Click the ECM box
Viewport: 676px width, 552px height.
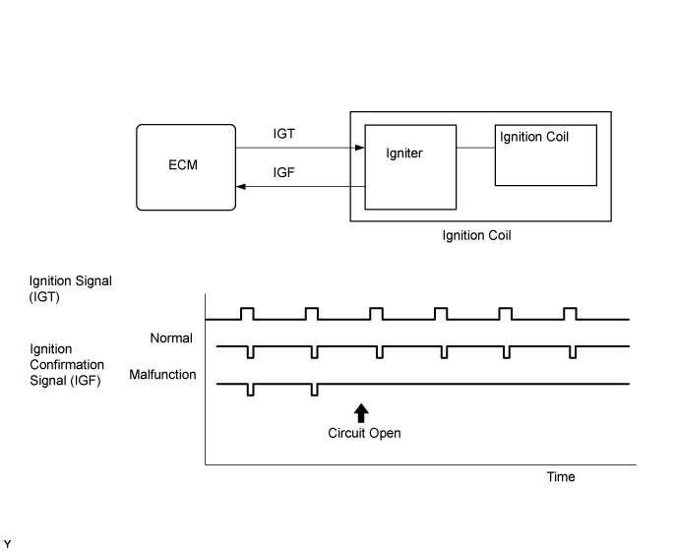pos(186,166)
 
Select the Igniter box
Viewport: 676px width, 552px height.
pos(410,167)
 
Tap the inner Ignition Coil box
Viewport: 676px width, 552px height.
pos(544,154)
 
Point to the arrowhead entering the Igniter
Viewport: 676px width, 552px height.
pos(359,149)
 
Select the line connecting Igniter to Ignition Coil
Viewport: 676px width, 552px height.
pos(475,149)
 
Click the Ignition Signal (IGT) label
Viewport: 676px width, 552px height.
pos(71,288)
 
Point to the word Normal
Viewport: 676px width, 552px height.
pos(171,338)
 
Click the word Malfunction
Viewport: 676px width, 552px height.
pos(162,375)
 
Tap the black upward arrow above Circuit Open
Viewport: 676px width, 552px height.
pos(361,412)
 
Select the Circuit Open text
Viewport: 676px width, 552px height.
pos(364,432)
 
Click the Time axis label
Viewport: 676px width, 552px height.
pos(561,476)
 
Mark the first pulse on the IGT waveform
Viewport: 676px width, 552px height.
pos(247,314)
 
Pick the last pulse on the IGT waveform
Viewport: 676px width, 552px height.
pos(571,314)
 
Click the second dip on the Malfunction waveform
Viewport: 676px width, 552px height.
pos(314,390)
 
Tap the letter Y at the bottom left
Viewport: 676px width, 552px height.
pos(8,543)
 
